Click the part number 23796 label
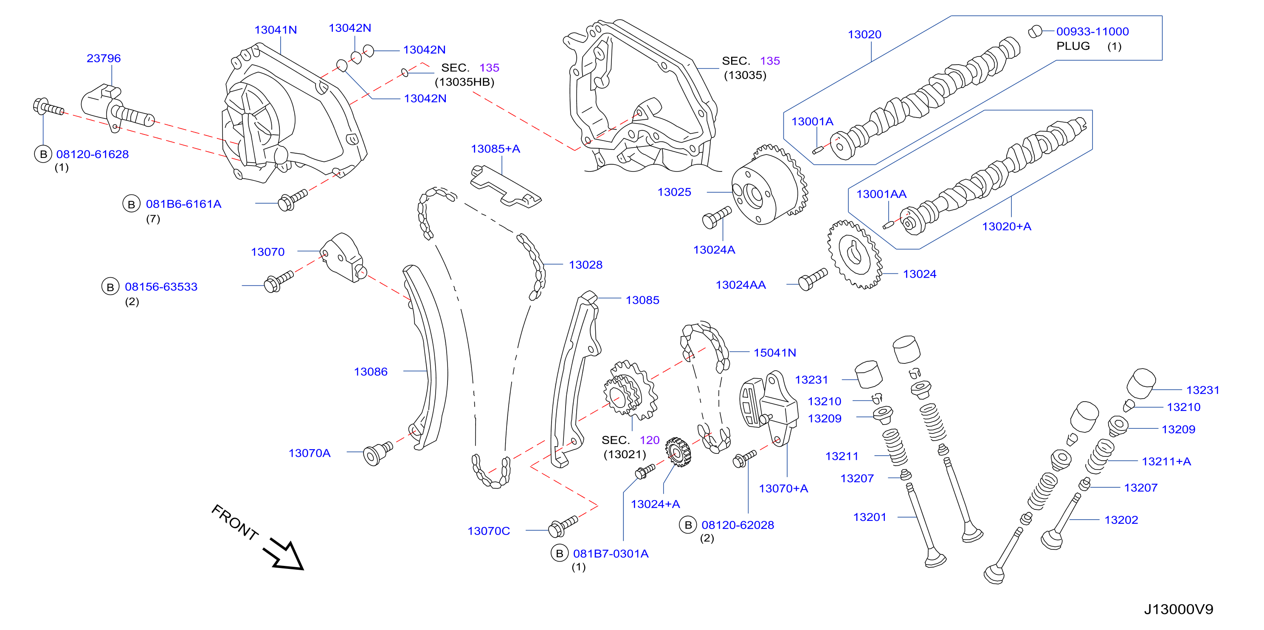pyautogui.click(x=104, y=59)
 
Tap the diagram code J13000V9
pyautogui.click(x=1179, y=609)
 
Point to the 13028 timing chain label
pyautogui.click(x=586, y=265)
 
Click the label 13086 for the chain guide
pyautogui.click(x=371, y=372)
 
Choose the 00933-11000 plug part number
pyautogui.click(x=1092, y=31)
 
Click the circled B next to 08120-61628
pyautogui.click(x=43, y=154)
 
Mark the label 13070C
pyautogui.click(x=489, y=531)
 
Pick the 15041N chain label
pyautogui.click(x=775, y=352)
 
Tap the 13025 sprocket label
pyautogui.click(x=674, y=192)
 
